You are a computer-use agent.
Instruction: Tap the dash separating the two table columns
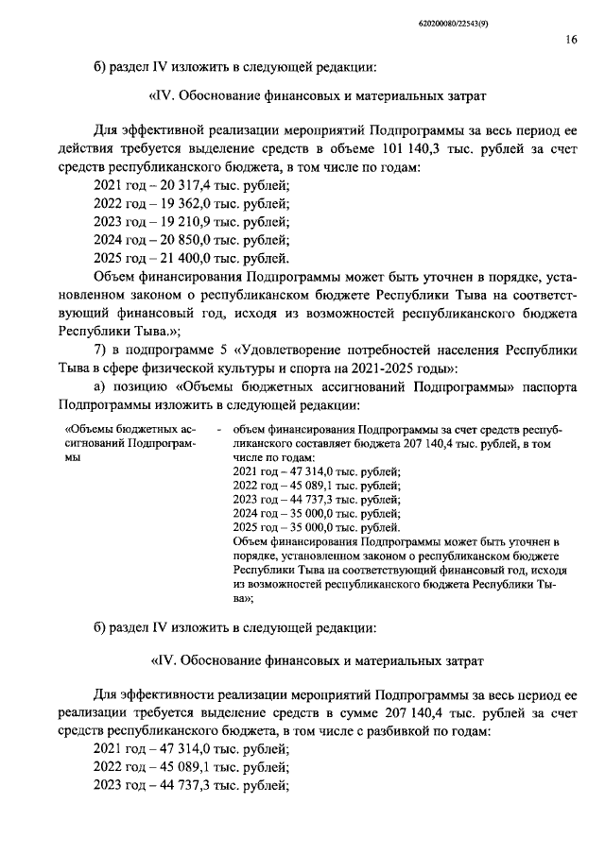pyautogui.click(x=218, y=428)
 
